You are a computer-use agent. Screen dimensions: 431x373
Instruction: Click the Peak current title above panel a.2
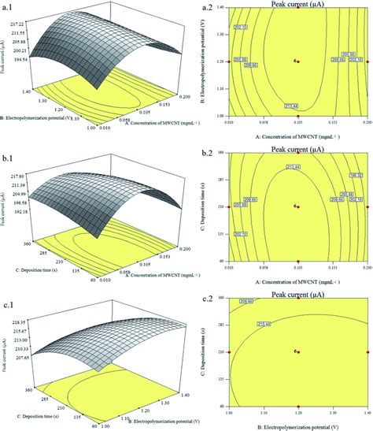[298, 5]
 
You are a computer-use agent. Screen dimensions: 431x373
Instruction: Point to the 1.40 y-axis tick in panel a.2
[218, 7]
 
